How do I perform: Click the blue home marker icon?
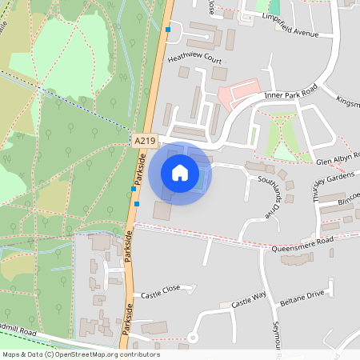tap(180, 173)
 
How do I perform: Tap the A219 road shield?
tap(145, 140)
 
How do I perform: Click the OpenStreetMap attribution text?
tap(81, 354)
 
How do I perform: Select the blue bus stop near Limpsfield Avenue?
tap(168, 30)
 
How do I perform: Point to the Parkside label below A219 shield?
tap(142, 168)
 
